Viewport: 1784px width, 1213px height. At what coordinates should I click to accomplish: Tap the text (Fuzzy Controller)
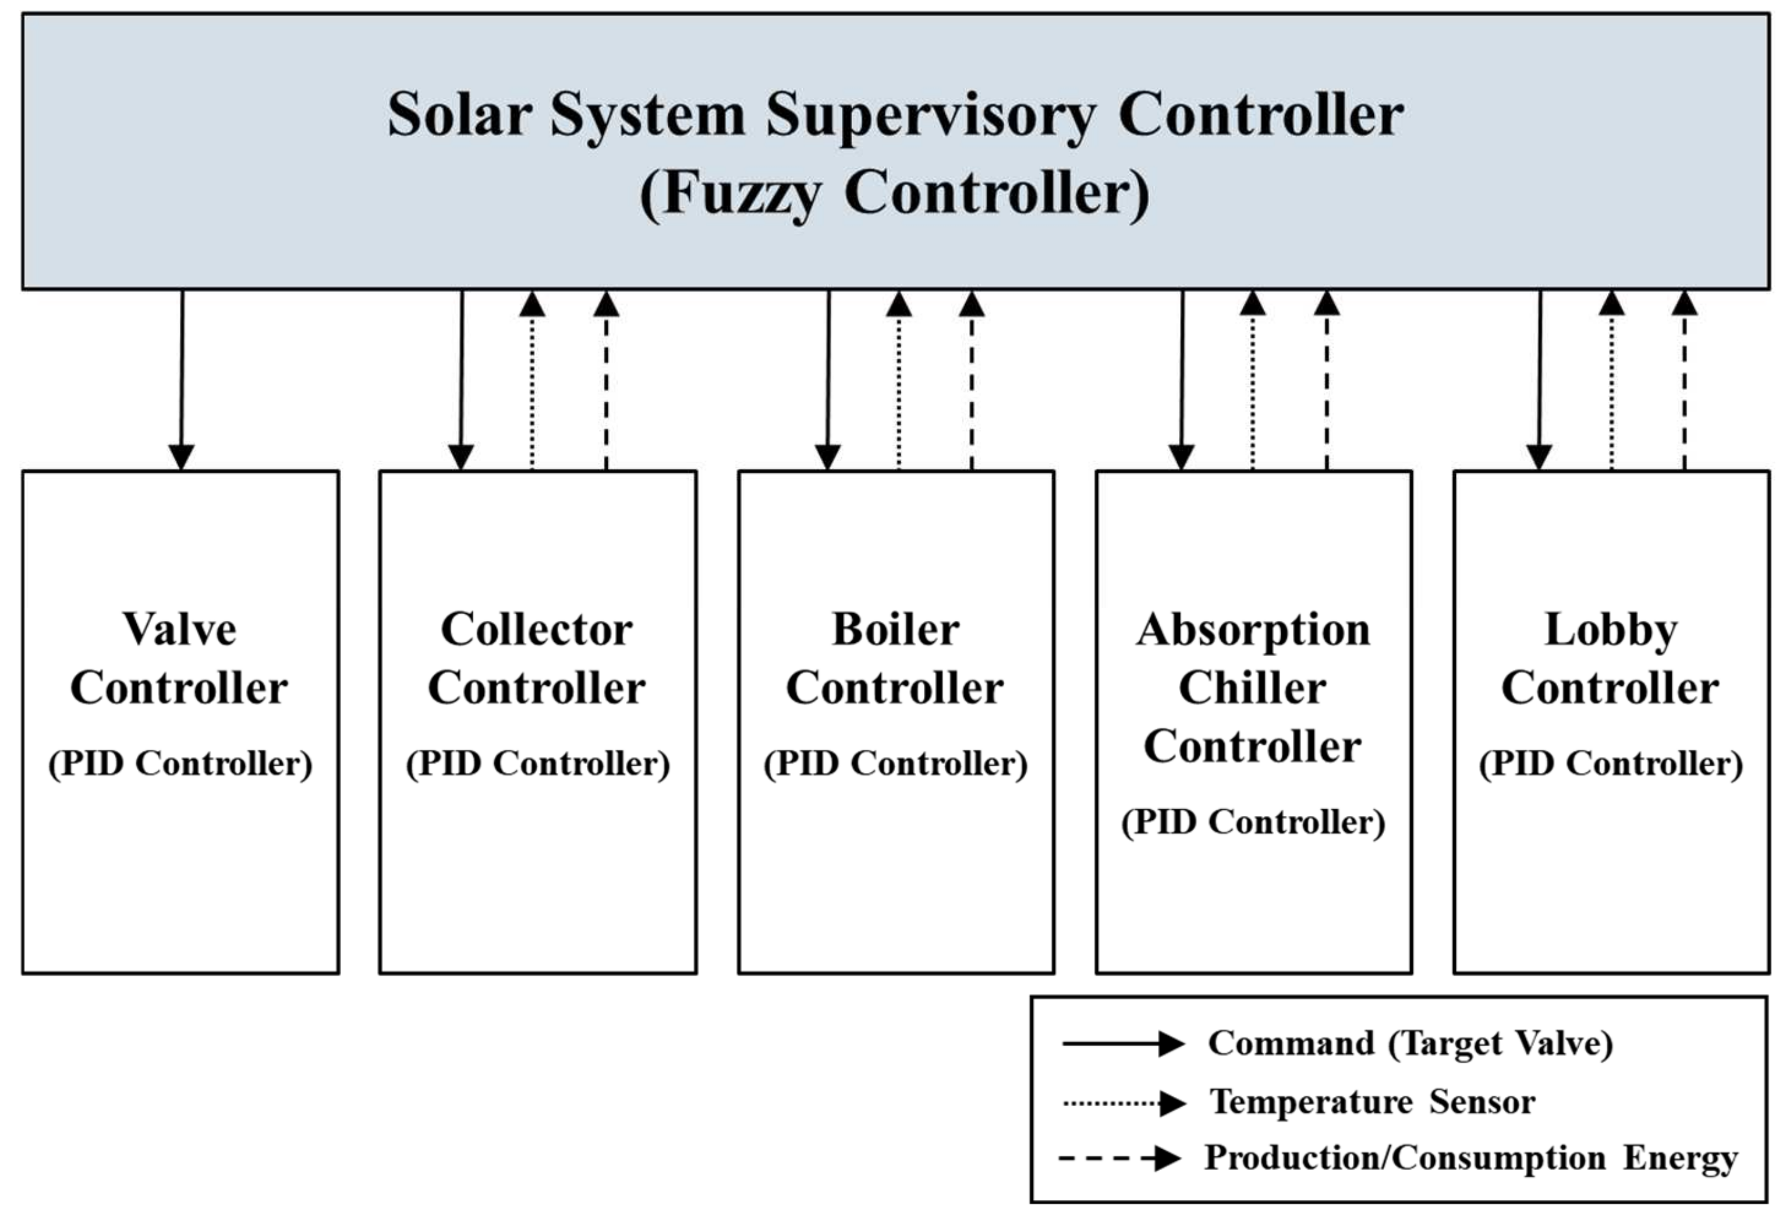(895, 194)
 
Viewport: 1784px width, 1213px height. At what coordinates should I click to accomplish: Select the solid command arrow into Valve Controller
(182, 380)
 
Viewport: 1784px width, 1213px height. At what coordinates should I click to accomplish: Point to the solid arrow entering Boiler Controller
(828, 380)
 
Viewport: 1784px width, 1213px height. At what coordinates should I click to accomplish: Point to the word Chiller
(1252, 688)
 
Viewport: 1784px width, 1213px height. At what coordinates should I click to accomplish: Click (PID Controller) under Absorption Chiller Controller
(1253, 822)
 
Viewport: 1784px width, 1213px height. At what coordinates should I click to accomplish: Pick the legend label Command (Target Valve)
(1410, 1043)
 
